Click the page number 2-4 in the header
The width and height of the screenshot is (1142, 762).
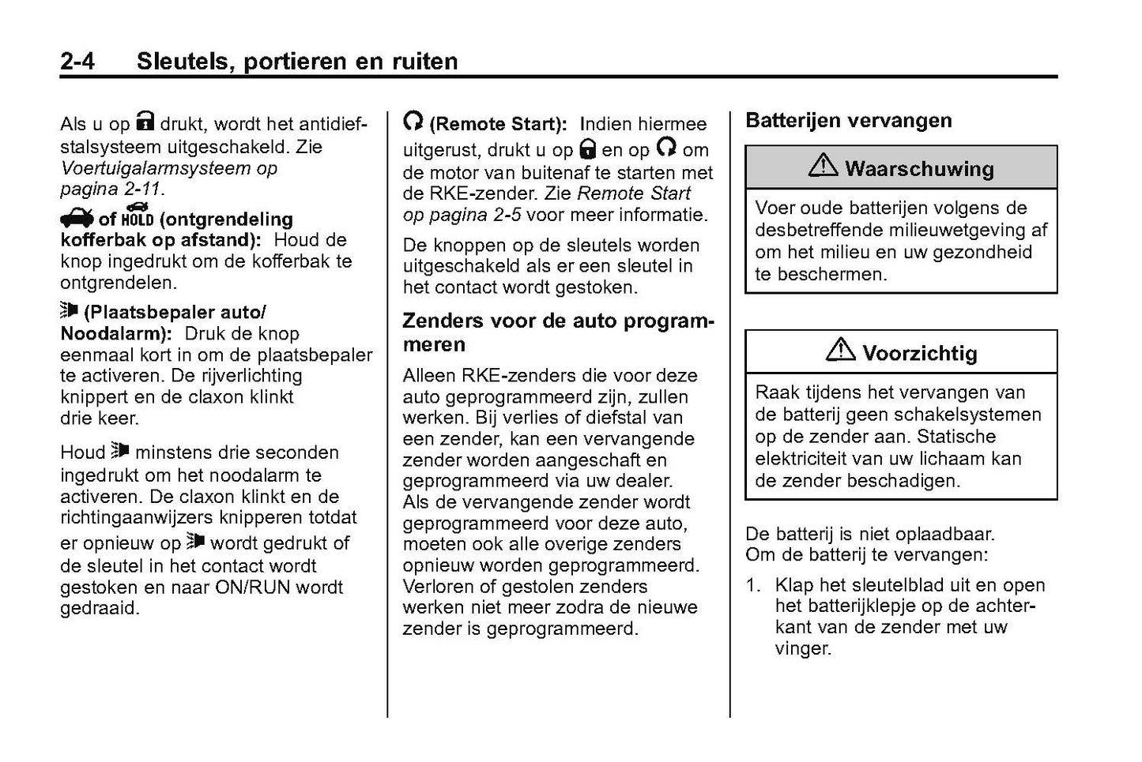point(77,61)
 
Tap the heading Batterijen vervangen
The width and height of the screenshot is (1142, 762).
point(849,121)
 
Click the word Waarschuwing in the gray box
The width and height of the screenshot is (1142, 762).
point(919,168)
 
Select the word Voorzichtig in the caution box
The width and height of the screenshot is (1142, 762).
point(919,353)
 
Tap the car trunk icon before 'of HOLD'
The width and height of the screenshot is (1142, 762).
point(76,217)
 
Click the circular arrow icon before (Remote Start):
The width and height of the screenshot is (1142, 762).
point(413,121)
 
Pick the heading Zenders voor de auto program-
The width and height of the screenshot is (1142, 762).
point(558,321)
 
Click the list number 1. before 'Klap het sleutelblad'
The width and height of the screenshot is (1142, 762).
point(755,585)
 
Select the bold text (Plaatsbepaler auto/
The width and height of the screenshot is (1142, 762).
point(175,312)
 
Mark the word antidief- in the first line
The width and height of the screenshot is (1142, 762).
point(330,124)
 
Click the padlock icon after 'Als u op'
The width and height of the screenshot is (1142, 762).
point(145,121)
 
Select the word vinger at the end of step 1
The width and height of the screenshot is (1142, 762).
point(803,649)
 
